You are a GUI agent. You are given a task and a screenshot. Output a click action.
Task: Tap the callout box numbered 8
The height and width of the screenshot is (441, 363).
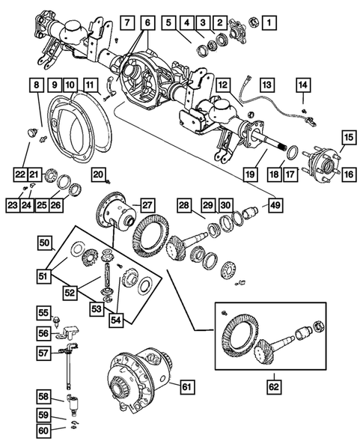coord(36,88)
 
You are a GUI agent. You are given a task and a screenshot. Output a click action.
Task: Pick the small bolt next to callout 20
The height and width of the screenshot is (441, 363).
coord(111,180)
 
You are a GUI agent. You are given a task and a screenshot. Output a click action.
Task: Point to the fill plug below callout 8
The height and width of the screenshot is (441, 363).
coord(31,132)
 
